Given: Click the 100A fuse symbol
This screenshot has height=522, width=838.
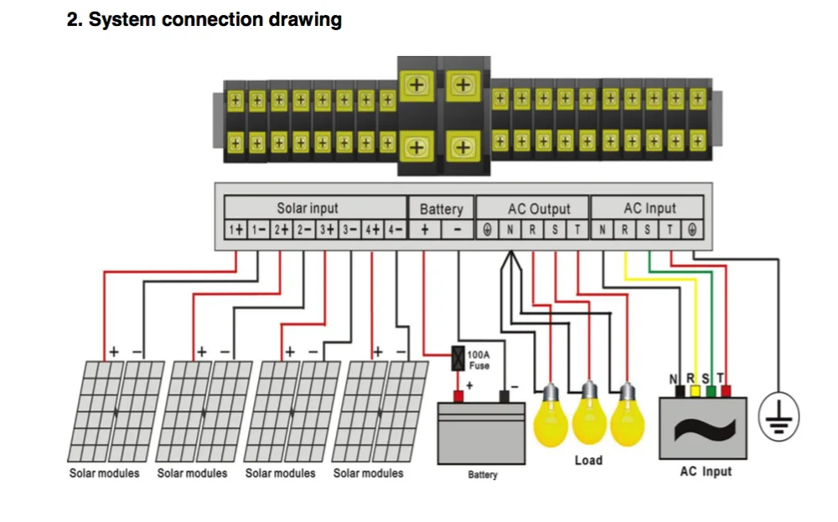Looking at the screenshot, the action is pos(458,358).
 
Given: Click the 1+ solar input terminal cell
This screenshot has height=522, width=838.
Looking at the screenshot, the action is pos(235,230).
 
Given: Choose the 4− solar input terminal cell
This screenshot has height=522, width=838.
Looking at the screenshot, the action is pos(396,230).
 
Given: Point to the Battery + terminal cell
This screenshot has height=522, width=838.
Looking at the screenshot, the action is pos(425,230).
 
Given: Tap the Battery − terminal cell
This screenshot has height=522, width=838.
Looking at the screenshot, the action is pos(458,230).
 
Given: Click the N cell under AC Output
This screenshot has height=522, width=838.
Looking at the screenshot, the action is pos(510,230).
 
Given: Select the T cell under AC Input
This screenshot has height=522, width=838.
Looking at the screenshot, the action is pos(670,230).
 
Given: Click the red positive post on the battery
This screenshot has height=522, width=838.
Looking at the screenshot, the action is pos(458,396).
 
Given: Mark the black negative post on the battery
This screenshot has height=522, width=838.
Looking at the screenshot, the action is pos(504,396).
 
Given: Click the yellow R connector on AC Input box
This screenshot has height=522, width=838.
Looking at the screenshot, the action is pos(695,391).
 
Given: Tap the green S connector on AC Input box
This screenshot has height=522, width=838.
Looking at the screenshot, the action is pos(711,391).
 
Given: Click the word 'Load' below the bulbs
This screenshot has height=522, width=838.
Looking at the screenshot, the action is pos(588,460).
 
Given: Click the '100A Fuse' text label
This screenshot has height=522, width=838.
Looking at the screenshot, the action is pos(478,360).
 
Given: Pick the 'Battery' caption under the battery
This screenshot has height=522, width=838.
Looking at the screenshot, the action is pos(483,474).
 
